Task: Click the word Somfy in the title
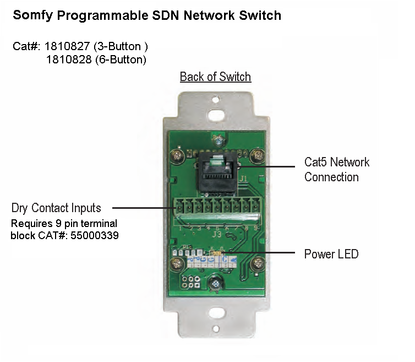pos(32,15)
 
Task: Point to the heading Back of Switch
pos(215,77)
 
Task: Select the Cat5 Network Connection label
pos(337,170)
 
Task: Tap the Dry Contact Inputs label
pos(56,208)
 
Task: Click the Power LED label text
pos(331,254)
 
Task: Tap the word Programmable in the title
pos(99,15)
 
